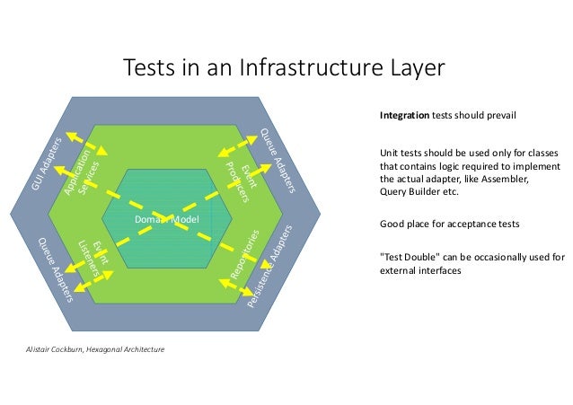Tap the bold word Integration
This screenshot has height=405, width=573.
pyautogui.click(x=404, y=117)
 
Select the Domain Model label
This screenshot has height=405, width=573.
pyautogui.click(x=165, y=219)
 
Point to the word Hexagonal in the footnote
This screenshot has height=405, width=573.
pyautogui.click(x=114, y=348)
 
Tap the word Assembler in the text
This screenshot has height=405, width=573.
pyautogui.click(x=504, y=179)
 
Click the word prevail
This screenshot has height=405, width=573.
pyautogui.click(x=499, y=117)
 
